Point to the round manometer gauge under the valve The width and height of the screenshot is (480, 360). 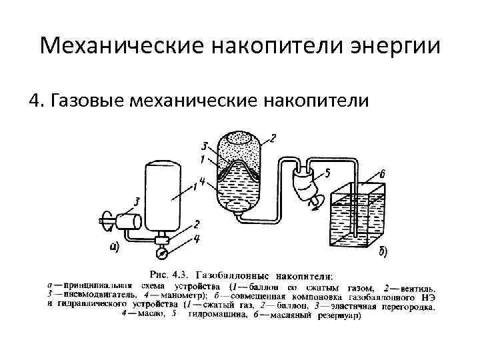pos(161,252)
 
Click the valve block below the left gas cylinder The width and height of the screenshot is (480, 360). pos(161,238)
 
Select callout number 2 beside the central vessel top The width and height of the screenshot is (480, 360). pos(273,138)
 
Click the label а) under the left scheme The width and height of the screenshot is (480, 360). pos(115,248)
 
